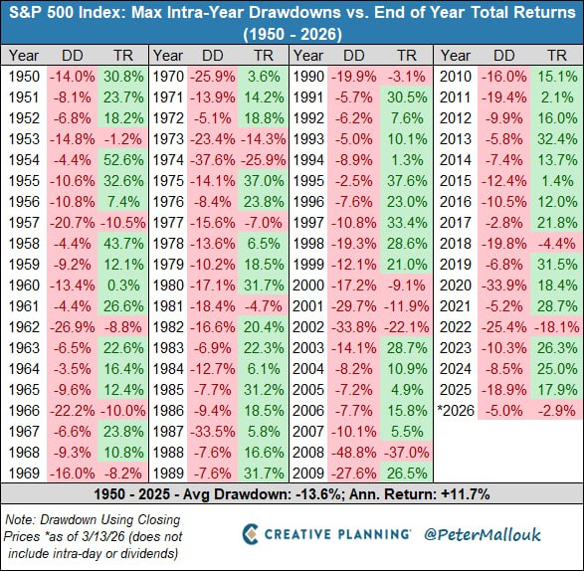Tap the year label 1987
pos(167,431)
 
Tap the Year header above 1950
pos(23,55)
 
